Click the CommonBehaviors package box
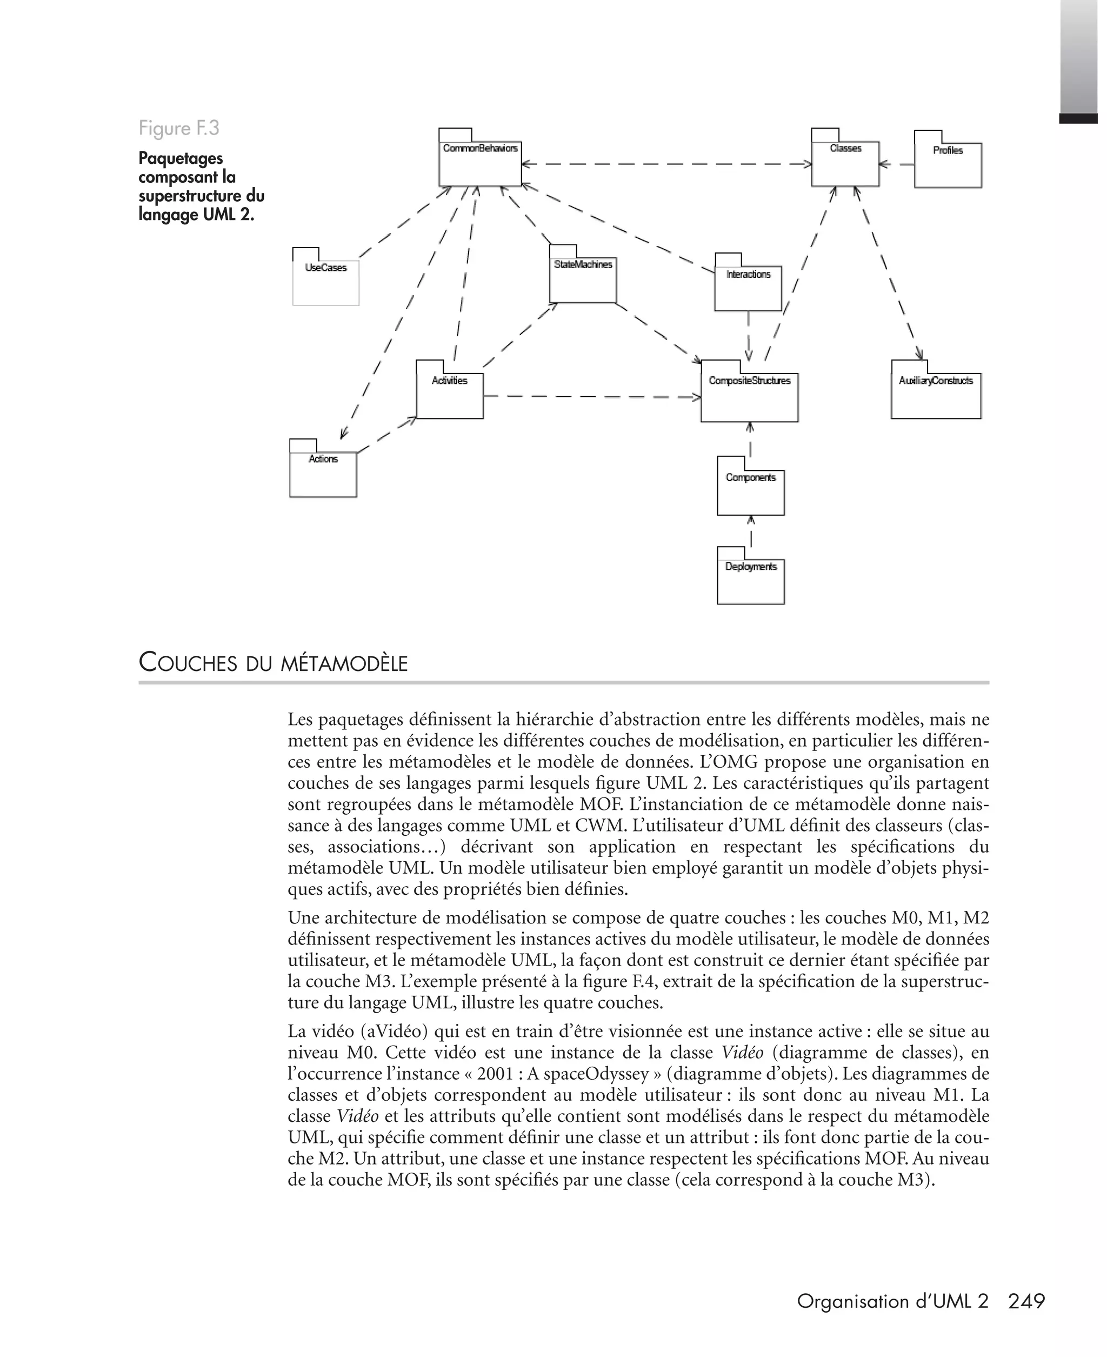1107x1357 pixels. point(479,163)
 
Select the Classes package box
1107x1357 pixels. point(845,164)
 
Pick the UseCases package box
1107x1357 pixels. point(326,282)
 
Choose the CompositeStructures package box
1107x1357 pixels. point(749,397)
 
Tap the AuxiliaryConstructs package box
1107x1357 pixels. point(936,395)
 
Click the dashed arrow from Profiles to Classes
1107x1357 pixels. point(896,164)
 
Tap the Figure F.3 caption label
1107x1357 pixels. point(179,128)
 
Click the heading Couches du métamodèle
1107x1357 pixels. point(273,663)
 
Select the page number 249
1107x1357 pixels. point(1026,1301)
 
